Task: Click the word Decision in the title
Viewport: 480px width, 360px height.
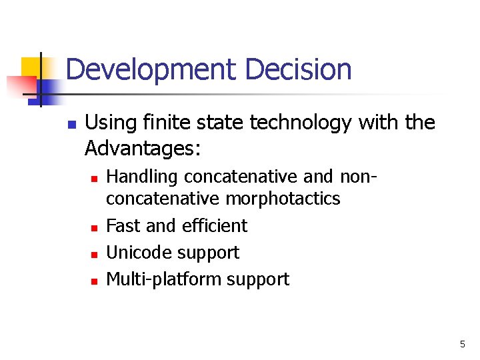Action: pyautogui.click(x=298, y=70)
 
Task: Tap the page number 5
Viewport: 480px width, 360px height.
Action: pyautogui.click(x=462, y=345)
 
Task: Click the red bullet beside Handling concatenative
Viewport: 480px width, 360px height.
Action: pyautogui.click(x=95, y=179)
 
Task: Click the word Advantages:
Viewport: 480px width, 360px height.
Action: pyautogui.click(x=142, y=149)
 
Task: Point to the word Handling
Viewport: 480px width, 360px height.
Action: pyautogui.click(x=142, y=177)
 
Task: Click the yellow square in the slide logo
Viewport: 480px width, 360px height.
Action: pyautogui.click(x=31, y=67)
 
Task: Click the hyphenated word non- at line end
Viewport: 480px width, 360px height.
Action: pyautogui.click(x=359, y=177)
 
